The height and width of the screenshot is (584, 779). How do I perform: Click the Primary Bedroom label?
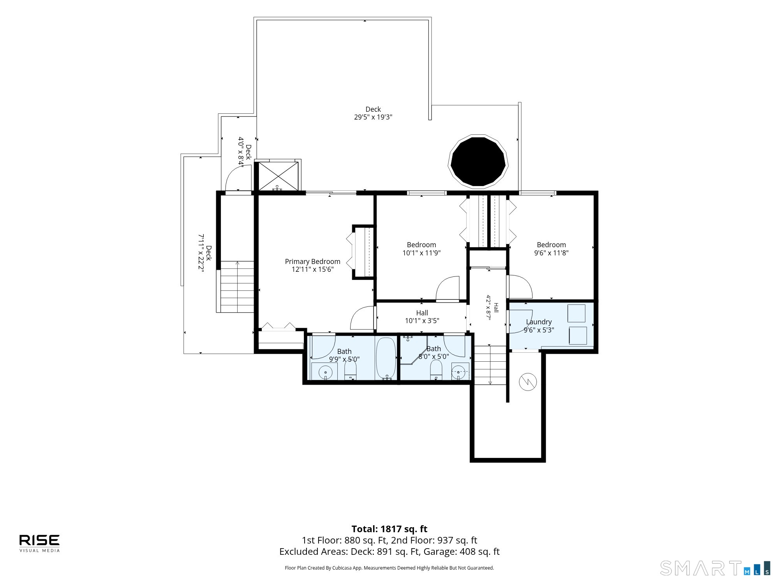tap(312, 265)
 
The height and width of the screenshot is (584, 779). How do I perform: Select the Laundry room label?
tap(539, 325)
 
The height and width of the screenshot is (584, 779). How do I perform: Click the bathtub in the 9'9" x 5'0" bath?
tap(386, 358)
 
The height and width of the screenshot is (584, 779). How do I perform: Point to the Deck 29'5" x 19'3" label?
tap(373, 113)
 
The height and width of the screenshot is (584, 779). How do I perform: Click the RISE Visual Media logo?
tap(40, 543)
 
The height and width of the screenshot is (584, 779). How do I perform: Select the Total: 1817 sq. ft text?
tap(389, 529)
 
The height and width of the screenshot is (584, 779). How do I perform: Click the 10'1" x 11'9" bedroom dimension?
tap(421, 253)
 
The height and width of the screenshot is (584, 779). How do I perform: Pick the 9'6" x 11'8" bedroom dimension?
tap(551, 253)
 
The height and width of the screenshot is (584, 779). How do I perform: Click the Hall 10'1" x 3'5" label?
tap(422, 317)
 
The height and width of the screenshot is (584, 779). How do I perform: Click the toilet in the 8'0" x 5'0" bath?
tap(436, 369)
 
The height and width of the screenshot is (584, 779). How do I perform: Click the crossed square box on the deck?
tap(278, 176)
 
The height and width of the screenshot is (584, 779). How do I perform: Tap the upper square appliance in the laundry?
tap(576, 313)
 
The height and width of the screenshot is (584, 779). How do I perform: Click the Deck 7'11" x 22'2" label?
tap(205, 253)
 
